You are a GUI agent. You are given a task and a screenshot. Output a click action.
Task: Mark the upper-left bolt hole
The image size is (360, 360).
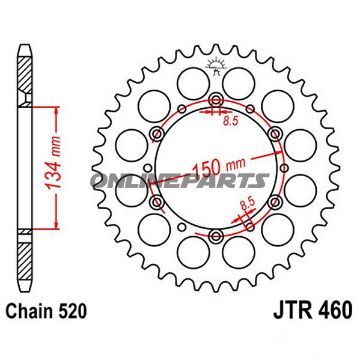157,132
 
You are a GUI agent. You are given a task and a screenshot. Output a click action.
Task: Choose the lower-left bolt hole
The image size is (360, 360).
157,203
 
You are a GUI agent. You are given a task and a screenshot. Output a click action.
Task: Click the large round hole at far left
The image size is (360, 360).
126,168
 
